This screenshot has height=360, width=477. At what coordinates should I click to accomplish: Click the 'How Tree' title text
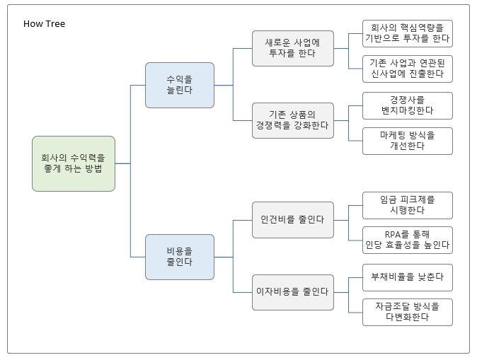tap(44, 24)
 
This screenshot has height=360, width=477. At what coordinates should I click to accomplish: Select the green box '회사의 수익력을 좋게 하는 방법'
tap(73, 163)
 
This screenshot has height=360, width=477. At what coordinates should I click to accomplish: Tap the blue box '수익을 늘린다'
tap(179, 85)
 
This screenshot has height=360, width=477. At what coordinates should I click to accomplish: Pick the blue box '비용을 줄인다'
tap(179, 256)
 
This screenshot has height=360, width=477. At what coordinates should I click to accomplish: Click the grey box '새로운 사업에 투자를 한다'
tap(292, 48)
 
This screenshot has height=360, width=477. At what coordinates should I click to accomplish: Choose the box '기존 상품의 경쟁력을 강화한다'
tap(292, 120)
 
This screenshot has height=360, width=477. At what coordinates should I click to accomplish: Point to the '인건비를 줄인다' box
tap(292, 219)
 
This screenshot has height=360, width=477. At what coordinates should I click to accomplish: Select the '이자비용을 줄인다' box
tap(292, 291)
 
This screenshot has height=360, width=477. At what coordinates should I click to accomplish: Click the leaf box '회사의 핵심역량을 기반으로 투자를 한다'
tap(407, 33)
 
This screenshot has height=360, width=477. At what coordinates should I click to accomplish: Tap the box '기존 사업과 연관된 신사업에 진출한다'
tap(407, 69)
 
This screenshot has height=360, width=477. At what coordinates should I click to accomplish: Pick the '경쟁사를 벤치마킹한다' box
tap(407, 105)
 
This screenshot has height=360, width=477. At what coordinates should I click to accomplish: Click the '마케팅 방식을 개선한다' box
tap(407, 141)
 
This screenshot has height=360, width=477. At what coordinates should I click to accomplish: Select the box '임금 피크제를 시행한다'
tap(407, 205)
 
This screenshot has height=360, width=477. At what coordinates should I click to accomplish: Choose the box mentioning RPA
tap(407, 240)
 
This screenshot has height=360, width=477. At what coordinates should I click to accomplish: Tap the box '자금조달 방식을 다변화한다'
tap(407, 312)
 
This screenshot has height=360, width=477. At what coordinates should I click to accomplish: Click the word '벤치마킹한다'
tap(407, 111)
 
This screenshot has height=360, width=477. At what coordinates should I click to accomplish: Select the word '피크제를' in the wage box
tap(418, 199)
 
